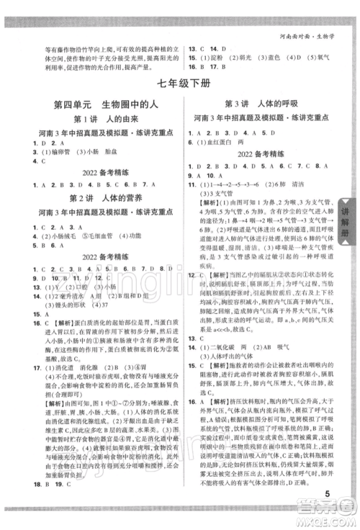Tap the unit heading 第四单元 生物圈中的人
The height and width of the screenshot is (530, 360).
click(x=102, y=104)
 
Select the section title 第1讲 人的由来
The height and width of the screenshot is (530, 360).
click(x=102, y=120)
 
